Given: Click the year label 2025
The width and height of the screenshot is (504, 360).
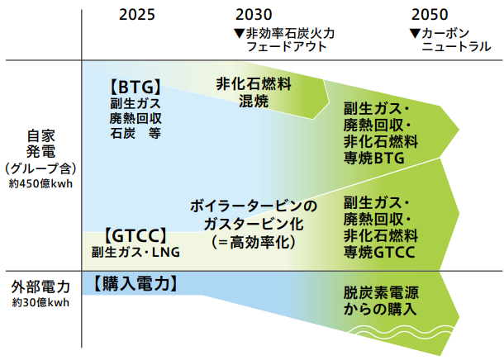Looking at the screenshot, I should click(136, 14).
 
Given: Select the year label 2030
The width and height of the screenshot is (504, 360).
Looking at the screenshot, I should click(253, 14).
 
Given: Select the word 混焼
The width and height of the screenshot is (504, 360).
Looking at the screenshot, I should click(254, 101).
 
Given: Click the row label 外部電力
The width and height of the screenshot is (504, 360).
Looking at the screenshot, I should click(40, 288).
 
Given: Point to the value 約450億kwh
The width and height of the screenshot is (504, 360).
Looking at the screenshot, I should click(40, 183).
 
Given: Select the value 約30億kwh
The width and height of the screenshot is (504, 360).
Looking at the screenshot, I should click(40, 303).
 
